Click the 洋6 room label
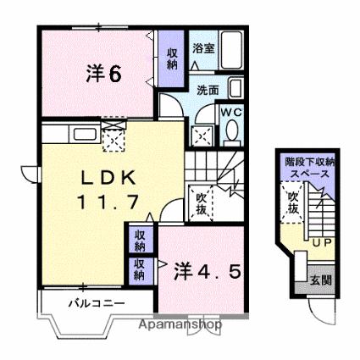coord(104,73)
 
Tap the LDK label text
coord(108,178)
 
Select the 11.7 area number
coord(108,202)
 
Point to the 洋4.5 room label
coord(208,271)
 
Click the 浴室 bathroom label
coord(203,48)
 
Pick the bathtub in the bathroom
coord(231,50)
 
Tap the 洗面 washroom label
coord(208,91)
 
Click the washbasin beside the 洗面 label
coord(235,88)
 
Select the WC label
coord(231,113)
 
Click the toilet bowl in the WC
coord(232,130)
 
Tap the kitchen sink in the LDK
coord(85,134)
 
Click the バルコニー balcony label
coord(97,304)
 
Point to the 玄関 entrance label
coord(321,280)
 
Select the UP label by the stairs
coord(322,243)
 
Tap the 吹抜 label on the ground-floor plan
coord(293,202)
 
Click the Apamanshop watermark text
coord(180,324)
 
